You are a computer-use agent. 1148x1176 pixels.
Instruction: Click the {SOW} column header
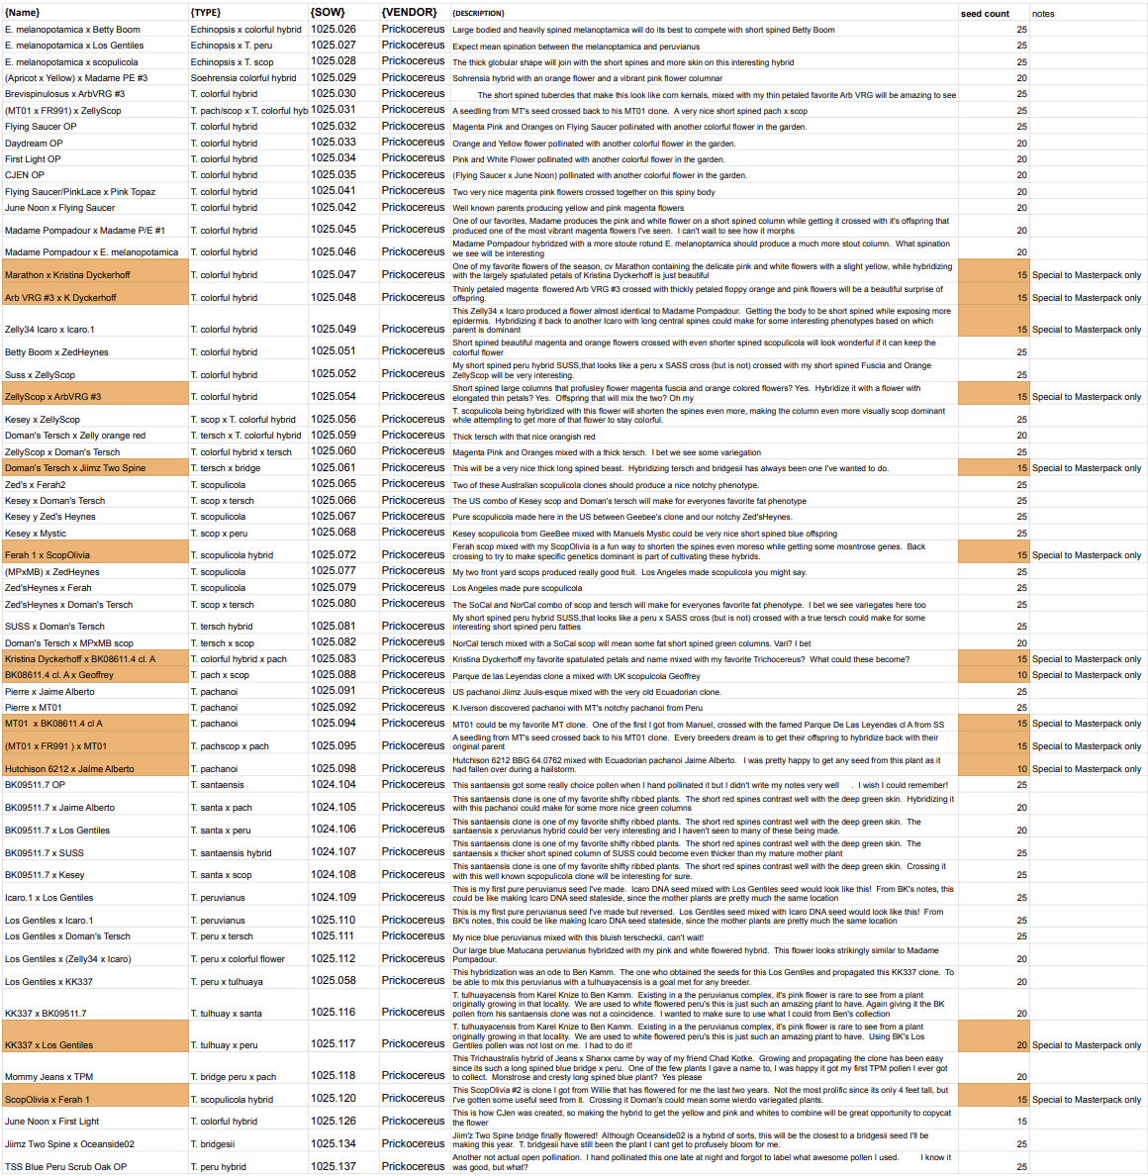pos(328,13)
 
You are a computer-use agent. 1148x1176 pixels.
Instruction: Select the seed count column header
pos(985,14)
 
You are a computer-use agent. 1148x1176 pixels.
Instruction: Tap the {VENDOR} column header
pos(409,13)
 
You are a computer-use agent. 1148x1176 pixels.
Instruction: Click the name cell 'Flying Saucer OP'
pos(41,127)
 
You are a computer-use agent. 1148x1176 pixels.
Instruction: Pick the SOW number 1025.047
pos(333,274)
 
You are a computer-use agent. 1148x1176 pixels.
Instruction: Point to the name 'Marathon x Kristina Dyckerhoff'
pos(67,275)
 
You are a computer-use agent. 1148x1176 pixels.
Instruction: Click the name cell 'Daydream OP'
pos(34,143)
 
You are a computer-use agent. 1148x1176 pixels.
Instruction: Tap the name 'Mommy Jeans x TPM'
pos(48,1076)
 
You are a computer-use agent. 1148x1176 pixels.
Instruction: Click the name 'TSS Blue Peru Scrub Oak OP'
pos(65,1167)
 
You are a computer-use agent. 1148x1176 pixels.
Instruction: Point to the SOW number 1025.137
pos(333,1166)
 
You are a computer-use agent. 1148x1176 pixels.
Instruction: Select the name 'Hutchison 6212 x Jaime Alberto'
pos(69,769)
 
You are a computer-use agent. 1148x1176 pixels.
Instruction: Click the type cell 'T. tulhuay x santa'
pos(227,1014)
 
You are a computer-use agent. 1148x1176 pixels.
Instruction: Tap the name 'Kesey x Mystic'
pos(36,534)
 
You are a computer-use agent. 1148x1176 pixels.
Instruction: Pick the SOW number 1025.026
pos(333,29)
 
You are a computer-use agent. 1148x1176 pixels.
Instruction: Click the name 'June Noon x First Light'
pos(51,1122)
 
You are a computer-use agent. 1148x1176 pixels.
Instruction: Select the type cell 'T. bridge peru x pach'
pos(234,1076)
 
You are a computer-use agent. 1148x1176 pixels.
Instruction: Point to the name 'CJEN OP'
pos(25,175)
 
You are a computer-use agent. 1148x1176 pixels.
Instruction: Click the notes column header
pos(1043,14)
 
